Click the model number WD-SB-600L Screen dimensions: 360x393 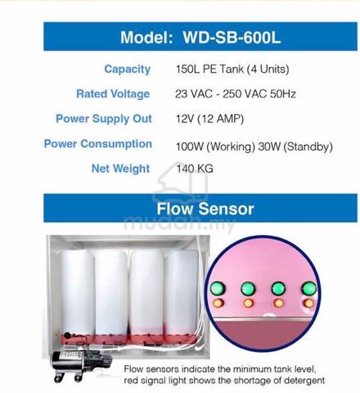point(232,37)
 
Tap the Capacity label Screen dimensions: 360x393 point(127,70)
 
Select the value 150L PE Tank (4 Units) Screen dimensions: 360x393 point(232,69)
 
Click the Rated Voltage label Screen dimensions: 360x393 point(113,94)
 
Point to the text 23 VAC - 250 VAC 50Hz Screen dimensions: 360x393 point(236,94)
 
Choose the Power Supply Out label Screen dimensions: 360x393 point(104,119)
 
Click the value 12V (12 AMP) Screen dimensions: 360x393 point(209,119)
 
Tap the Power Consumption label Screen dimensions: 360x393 point(98,144)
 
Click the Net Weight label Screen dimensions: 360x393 point(120,169)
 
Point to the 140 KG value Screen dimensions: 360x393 point(195,169)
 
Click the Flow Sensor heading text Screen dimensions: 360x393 point(205,209)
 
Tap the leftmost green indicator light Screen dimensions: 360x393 point(218,288)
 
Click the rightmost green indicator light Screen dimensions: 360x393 point(309,288)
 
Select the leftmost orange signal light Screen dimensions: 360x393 point(218,303)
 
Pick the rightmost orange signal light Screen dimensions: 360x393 point(308,303)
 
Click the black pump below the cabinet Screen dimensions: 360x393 point(79,364)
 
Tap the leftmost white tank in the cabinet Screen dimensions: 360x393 point(76,293)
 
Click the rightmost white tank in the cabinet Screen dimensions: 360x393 point(182,293)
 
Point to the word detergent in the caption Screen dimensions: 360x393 point(304,380)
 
